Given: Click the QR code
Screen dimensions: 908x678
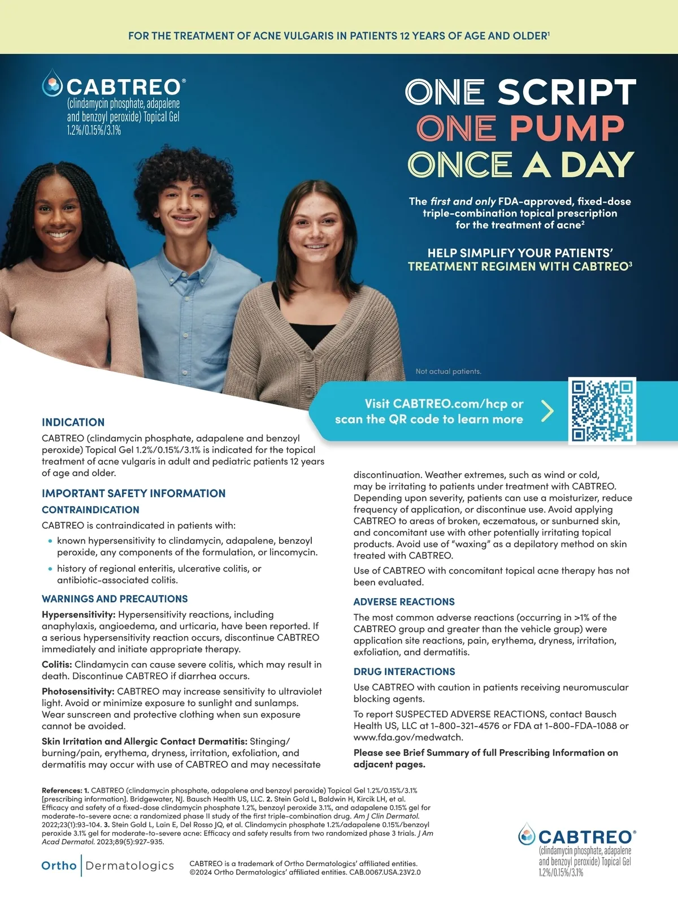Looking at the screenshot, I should [x=602, y=410].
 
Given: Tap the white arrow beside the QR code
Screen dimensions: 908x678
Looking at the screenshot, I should [x=547, y=411].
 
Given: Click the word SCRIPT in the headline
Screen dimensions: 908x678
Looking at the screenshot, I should [x=567, y=92].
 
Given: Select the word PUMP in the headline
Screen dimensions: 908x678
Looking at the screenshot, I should [x=567, y=128].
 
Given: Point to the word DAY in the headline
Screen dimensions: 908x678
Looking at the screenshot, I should [x=597, y=165].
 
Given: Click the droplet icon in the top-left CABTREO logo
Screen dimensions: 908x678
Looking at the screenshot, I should [x=53, y=84].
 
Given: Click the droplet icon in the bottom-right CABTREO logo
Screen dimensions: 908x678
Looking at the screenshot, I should [x=527, y=835].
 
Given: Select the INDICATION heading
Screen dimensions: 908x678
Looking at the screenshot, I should [x=73, y=422].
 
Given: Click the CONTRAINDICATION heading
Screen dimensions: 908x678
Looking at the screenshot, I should [x=90, y=509].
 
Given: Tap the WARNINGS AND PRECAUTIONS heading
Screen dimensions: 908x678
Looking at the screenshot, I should [x=115, y=599].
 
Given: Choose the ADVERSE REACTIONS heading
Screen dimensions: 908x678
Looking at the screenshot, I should [x=404, y=602].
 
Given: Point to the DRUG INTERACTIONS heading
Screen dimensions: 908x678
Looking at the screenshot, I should [x=404, y=672].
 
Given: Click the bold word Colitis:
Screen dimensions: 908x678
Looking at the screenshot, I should [x=57, y=664].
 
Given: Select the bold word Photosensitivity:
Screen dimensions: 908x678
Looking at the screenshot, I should [x=78, y=691].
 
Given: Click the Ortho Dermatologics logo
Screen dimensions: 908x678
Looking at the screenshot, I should [x=107, y=866].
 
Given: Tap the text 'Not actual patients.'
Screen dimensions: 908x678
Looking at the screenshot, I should [x=449, y=371].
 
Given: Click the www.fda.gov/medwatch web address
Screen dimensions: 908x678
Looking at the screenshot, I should [x=400, y=737].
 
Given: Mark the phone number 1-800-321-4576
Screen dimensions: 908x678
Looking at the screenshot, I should [x=465, y=726].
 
